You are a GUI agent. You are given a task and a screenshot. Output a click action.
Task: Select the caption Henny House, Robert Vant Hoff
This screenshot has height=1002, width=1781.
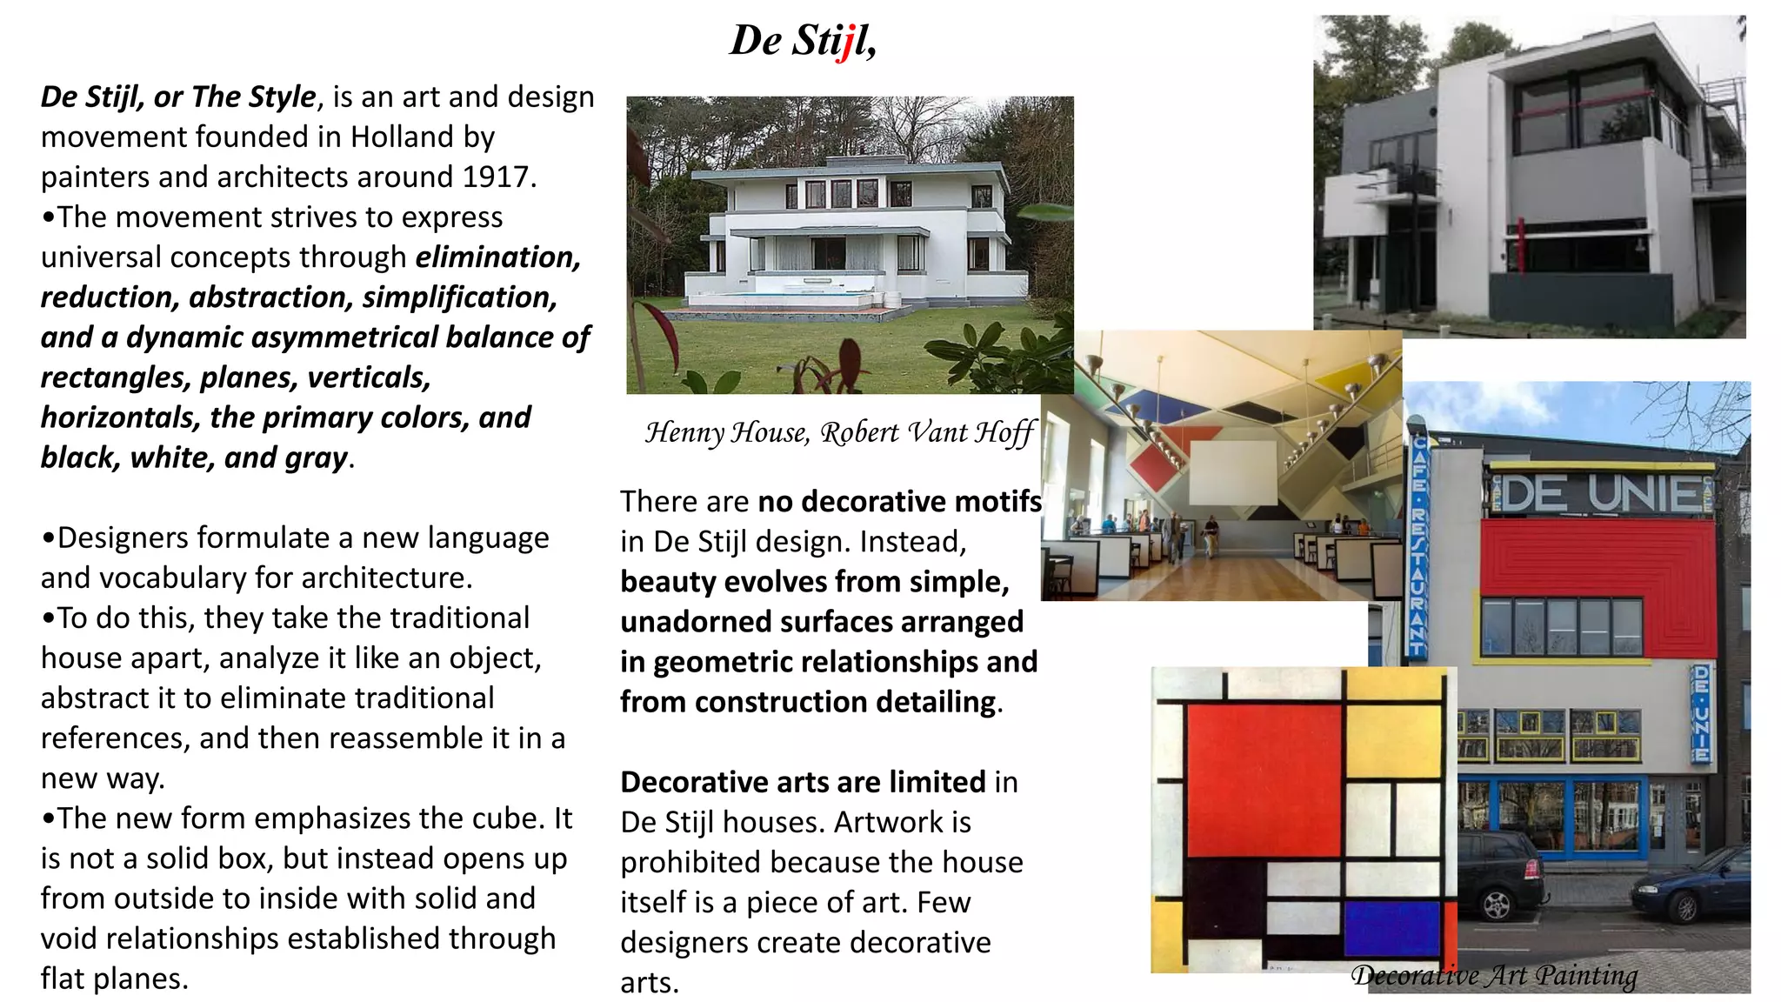[x=839, y=432]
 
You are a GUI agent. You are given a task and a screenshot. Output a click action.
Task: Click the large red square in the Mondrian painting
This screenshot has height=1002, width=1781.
[x=1263, y=780]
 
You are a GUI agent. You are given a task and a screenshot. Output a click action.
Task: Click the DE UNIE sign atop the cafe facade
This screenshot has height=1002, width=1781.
[x=1600, y=494]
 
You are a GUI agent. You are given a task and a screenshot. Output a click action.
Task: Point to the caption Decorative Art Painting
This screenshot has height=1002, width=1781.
[x=1493, y=975]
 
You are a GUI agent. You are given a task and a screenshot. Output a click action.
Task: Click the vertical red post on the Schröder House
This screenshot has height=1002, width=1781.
[x=1521, y=244]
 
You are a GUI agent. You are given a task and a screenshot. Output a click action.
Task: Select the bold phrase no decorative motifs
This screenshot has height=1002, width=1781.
[x=899, y=502]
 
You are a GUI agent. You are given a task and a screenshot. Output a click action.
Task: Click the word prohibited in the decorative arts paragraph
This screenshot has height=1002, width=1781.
[x=690, y=862]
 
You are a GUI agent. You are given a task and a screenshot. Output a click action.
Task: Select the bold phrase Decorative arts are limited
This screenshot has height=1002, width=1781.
[x=803, y=782]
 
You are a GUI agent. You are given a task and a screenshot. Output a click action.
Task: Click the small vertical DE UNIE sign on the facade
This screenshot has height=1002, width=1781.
[x=1701, y=713]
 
